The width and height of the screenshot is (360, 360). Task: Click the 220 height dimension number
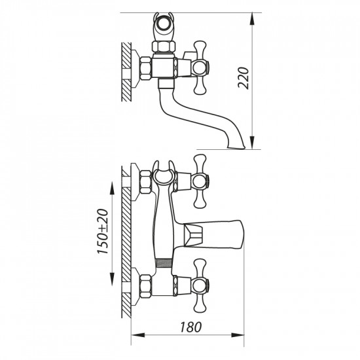tap(243, 78)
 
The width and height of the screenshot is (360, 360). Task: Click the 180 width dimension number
tap(190, 327)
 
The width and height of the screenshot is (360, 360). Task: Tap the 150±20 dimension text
tap(102, 231)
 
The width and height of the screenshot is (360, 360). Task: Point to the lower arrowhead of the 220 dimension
tap(252, 143)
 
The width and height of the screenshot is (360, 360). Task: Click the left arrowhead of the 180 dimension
tap(138, 335)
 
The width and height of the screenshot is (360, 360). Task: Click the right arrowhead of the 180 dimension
tap(238, 335)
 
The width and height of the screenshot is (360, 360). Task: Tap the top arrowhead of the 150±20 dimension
tap(112, 189)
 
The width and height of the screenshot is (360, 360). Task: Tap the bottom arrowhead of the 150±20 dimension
tap(112, 279)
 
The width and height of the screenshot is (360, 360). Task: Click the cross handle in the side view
tap(200, 68)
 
